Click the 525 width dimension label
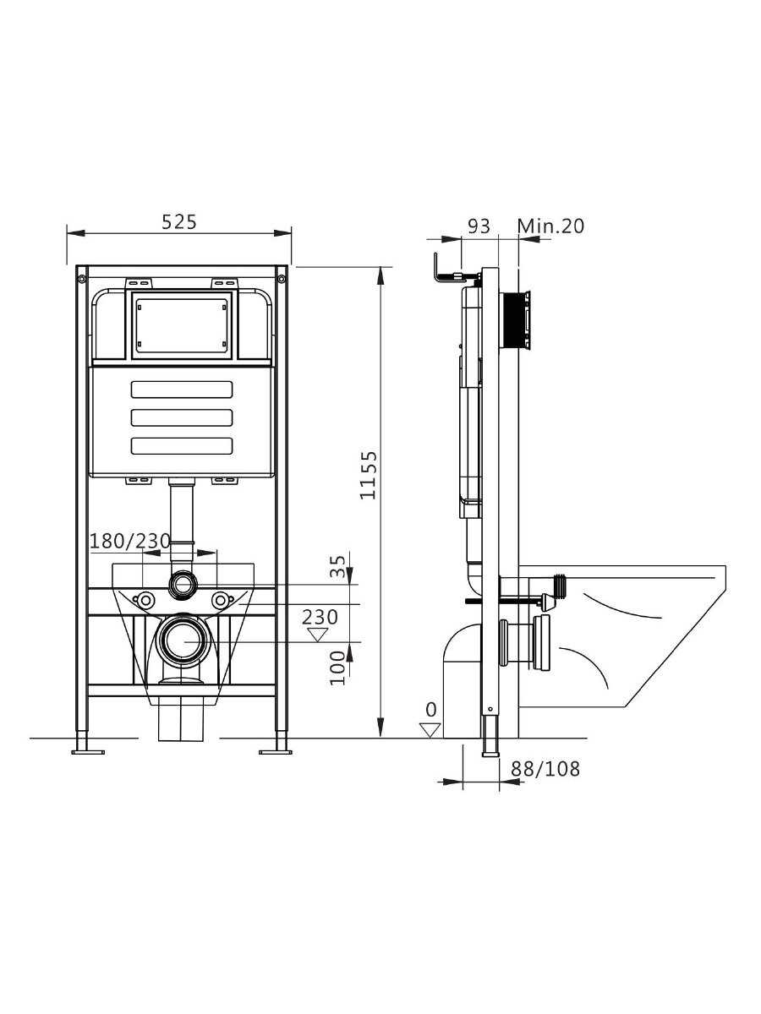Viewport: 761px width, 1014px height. pos(178,222)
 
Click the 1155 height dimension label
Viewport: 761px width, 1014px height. pos(369,476)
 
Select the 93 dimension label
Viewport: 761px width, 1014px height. pos(479,226)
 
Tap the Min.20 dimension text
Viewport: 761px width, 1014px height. pos(550,226)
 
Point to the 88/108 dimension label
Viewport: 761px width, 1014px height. pos(545,769)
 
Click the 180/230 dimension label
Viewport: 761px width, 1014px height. pos(130,541)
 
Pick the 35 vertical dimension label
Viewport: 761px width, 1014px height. pos(338,566)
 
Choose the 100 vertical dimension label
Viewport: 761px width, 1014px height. pos(338,668)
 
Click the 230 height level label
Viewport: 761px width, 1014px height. pos(320,617)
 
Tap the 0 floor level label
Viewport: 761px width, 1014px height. pos(430,710)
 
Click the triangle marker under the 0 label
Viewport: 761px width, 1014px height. pos(430,730)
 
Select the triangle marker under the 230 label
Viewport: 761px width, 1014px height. pos(317,635)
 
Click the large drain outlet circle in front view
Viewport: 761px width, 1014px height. pos(183,641)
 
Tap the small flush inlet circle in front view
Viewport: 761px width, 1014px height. pos(183,585)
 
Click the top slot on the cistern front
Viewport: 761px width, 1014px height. pos(182,390)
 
